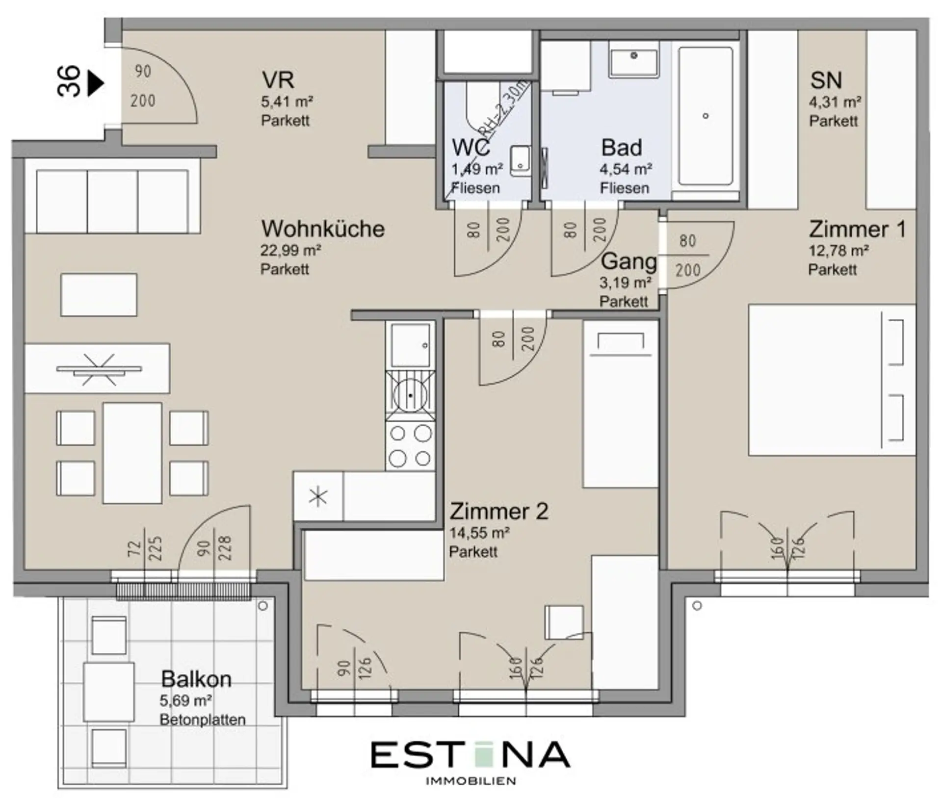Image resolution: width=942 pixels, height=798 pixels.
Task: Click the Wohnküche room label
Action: coord(323,229)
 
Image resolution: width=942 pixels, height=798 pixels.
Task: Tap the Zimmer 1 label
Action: coord(857,230)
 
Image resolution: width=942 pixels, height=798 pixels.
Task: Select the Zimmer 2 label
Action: coord(499,512)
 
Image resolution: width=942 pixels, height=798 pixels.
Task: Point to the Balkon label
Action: coord(196,679)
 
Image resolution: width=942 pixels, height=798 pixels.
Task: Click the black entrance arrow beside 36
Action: coord(96,83)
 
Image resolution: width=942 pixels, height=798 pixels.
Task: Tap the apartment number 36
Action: coord(69,81)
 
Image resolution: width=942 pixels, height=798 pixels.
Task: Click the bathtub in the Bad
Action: coord(706,116)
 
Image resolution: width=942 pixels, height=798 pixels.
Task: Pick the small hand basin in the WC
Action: coord(520,161)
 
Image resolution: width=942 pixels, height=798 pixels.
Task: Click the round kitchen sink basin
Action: coord(410,395)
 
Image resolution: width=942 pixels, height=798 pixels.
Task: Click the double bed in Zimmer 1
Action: coord(832,380)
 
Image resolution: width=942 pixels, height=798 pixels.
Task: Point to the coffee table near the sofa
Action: coord(99,295)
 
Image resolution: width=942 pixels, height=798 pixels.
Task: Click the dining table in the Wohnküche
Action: coord(132,453)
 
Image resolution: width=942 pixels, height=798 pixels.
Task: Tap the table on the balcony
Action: coord(108,692)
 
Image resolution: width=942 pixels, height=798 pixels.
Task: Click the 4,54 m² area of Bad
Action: coord(626,169)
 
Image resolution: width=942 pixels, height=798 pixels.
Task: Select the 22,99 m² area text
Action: coord(290,251)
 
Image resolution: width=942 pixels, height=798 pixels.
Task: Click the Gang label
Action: coord(628,261)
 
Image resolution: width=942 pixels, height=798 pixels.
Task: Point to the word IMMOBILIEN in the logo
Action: coord(470,781)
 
